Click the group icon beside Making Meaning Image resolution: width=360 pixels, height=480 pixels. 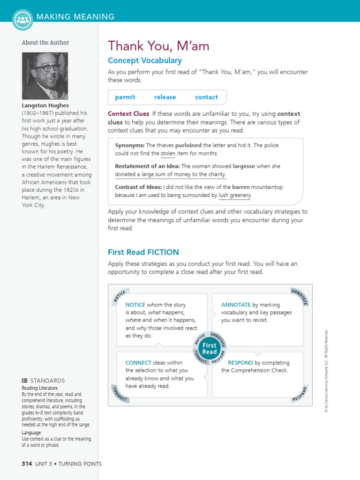22,19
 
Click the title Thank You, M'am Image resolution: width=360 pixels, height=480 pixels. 158,46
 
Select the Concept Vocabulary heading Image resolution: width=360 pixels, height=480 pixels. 144,60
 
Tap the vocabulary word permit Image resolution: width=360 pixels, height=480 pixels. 125,97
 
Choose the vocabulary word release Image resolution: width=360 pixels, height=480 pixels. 165,97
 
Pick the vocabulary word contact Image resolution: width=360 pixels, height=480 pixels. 206,97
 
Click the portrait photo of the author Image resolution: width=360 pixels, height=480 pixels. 45,75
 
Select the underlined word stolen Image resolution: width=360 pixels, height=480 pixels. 168,153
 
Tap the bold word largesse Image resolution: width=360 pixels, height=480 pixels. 244,166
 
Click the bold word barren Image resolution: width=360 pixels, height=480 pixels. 241,187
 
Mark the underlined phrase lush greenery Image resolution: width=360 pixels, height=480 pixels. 235,195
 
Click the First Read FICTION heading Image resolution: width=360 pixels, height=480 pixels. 143,252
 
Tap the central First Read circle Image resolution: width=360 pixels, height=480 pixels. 210,349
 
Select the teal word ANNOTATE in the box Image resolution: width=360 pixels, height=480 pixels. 236,305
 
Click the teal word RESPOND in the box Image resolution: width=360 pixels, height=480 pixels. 240,362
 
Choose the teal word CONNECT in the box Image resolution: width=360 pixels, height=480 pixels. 138,362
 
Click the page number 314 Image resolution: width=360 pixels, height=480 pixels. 27,464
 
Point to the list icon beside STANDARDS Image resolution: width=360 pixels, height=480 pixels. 24,380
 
